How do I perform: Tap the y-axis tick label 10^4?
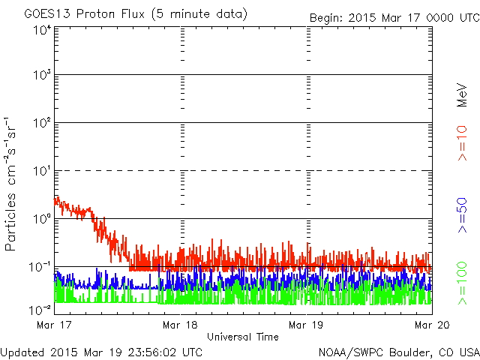(41, 31)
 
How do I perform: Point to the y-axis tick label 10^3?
(41, 75)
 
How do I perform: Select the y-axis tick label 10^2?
(41, 123)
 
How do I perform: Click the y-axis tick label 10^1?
(41, 171)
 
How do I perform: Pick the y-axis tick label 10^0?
(41, 219)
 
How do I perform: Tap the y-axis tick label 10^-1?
(40, 266)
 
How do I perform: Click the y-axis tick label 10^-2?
(40, 308)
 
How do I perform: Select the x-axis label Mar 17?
(51, 325)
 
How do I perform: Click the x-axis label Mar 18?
(179, 325)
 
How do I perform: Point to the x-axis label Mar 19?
(306, 325)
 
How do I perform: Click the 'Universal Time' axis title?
(242, 337)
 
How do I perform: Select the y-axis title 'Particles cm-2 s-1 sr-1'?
(12, 184)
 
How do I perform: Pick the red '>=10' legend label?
(463, 142)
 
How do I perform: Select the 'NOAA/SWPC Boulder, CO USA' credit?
(398, 352)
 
